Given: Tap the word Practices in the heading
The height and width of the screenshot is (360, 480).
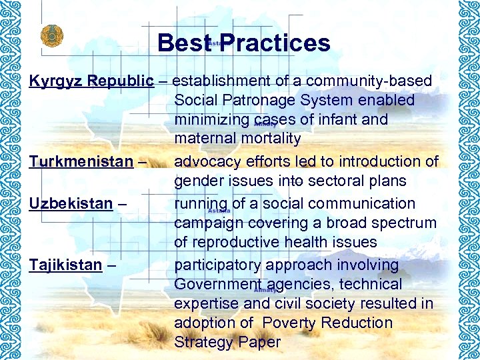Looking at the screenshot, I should [275, 43].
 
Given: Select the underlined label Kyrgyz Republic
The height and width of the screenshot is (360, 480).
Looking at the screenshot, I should [91, 81].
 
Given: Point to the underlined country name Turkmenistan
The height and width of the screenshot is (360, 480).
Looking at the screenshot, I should [81, 162].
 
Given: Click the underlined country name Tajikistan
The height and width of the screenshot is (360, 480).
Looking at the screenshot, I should [65, 265].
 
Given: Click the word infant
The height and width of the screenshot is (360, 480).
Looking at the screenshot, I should [337, 120].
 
